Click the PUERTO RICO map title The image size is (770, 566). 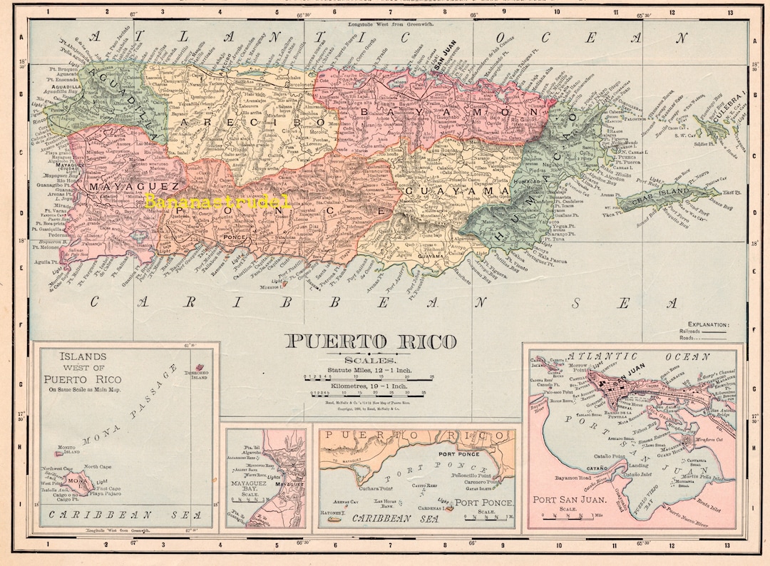(371, 341)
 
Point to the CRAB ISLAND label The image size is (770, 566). (662, 200)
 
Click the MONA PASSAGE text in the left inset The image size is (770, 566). (128, 406)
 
